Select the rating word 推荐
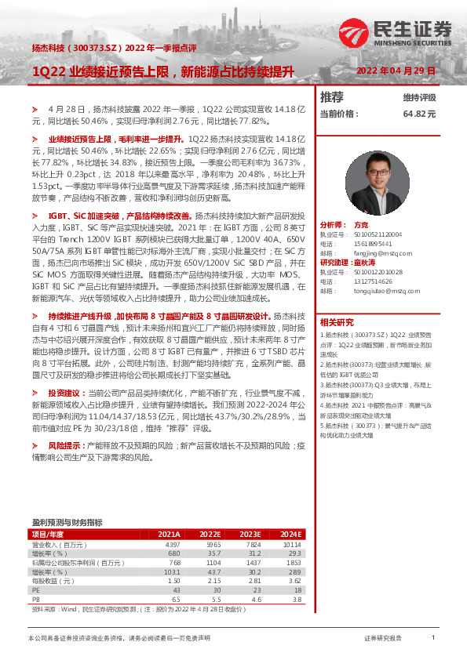click(x=332, y=97)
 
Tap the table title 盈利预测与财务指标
click(x=67, y=521)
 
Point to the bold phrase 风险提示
click(x=64, y=445)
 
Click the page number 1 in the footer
click(x=433, y=639)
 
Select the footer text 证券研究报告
click(x=384, y=639)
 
